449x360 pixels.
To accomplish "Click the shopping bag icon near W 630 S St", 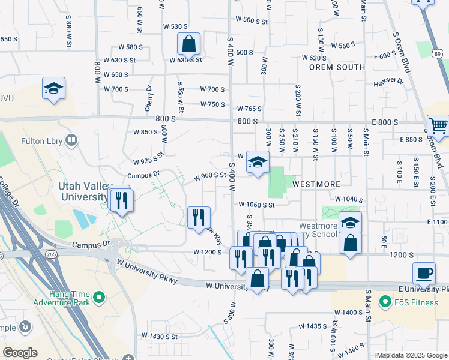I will coord(188,44).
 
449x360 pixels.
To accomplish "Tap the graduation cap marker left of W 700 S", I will coord(53,89).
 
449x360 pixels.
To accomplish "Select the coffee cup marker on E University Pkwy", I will coord(424,272).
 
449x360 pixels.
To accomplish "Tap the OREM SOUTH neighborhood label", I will coord(337,67).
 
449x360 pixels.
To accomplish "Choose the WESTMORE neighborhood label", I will coord(316,184).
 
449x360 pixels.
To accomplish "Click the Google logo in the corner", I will coord(20,352).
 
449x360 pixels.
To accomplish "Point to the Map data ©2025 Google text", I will coord(412,355).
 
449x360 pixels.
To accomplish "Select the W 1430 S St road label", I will coord(159,336).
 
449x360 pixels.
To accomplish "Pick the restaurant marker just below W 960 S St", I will coord(198,217).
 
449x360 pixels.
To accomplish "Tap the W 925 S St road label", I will coord(149,159).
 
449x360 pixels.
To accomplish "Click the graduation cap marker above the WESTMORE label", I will coord(258,162).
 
